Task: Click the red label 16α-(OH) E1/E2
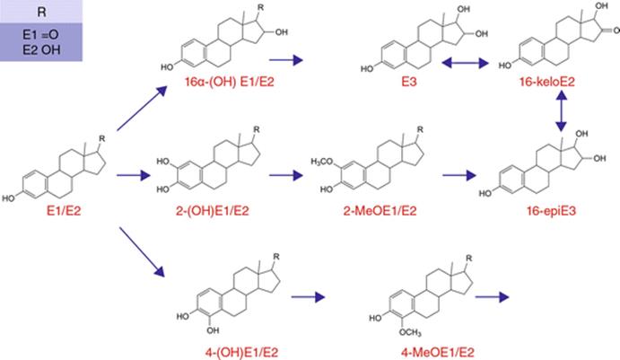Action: (x=230, y=82)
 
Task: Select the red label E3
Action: (x=409, y=82)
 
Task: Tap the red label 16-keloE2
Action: (x=546, y=82)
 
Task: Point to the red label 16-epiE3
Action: (x=551, y=211)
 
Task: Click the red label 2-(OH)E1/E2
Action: (x=213, y=211)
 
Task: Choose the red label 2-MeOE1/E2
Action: (x=380, y=211)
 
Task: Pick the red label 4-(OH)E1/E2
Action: (x=241, y=352)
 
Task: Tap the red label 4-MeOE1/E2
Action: (x=437, y=352)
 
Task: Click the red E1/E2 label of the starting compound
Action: (x=64, y=211)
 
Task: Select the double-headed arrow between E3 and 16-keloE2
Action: (x=466, y=63)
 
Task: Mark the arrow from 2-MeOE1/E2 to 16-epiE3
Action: (x=459, y=175)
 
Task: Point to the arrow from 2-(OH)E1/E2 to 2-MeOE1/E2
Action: (x=286, y=175)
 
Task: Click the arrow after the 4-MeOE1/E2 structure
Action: (x=492, y=296)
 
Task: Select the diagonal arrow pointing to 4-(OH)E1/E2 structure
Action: (x=142, y=251)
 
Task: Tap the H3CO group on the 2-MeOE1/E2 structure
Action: (x=322, y=162)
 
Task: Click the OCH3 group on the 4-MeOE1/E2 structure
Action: (x=410, y=332)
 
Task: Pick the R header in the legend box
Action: (x=41, y=12)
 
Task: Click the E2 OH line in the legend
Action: (x=41, y=50)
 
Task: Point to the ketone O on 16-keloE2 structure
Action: (x=616, y=30)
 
